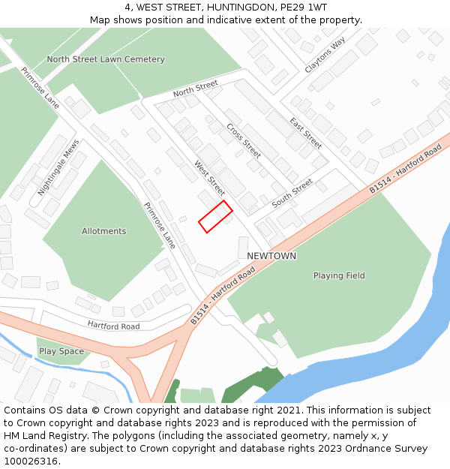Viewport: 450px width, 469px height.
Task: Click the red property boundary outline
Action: click(215, 217)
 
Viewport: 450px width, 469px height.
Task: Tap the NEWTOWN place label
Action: click(271, 256)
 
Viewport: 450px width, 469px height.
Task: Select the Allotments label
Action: click(104, 231)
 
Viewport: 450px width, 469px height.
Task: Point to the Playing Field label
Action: click(339, 275)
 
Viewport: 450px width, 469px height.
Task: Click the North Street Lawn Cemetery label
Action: click(106, 59)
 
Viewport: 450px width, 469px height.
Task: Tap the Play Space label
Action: click(61, 351)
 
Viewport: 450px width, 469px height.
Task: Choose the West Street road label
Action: click(209, 179)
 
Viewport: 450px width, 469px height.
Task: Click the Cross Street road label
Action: click(243, 140)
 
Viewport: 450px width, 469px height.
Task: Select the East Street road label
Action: click(305, 133)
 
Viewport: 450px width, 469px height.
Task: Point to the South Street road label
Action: click(292, 193)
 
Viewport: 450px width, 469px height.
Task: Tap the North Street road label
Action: click(195, 88)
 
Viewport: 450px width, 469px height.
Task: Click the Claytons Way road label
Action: click(325, 55)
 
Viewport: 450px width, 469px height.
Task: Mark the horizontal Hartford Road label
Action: click(113, 326)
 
